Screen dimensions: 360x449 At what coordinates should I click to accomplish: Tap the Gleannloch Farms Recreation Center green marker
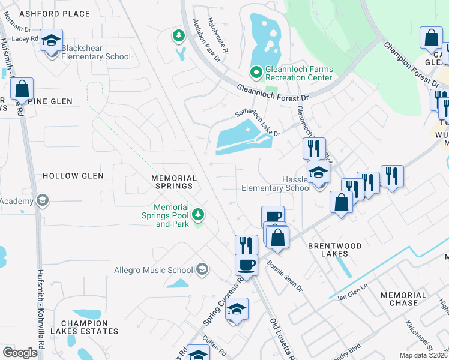coord(256,73)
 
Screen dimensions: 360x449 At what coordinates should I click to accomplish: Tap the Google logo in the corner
coord(20,353)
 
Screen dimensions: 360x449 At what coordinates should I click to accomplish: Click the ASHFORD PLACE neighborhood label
coord(55,14)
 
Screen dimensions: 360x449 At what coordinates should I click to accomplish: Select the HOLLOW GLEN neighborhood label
coord(73,176)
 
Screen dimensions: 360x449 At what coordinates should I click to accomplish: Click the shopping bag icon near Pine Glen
coord(22,90)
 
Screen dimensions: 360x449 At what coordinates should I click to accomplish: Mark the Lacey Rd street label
coord(25,39)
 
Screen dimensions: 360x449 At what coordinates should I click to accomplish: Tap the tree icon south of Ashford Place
coord(178,36)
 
